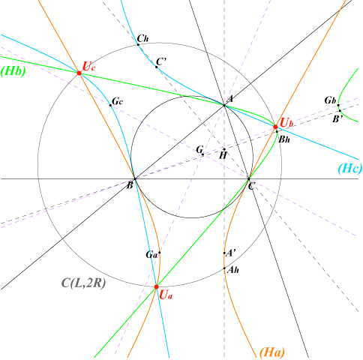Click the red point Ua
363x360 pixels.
click(x=157, y=286)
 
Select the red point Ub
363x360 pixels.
click(x=275, y=127)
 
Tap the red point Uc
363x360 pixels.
click(x=79, y=73)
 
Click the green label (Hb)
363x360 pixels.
click(x=13, y=71)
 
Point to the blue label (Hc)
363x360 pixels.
click(x=350, y=169)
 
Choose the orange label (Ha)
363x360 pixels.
click(x=272, y=352)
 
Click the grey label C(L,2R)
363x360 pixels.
click(x=83, y=283)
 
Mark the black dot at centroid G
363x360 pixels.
click(x=202, y=154)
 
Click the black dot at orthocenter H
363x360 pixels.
click(x=224, y=149)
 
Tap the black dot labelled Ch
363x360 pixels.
click(x=138, y=45)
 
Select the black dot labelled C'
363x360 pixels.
click(x=157, y=67)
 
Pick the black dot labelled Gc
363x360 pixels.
click(x=110, y=105)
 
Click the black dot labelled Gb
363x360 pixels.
click(x=338, y=105)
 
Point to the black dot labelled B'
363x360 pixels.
click(x=340, y=111)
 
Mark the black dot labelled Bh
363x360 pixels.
click(x=277, y=132)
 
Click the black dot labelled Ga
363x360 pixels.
click(x=160, y=253)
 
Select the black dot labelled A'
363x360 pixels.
click(x=224, y=253)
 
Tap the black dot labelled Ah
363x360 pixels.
click(x=224, y=268)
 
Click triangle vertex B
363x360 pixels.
click(x=135, y=179)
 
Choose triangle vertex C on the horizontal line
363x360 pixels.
click(x=249, y=179)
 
